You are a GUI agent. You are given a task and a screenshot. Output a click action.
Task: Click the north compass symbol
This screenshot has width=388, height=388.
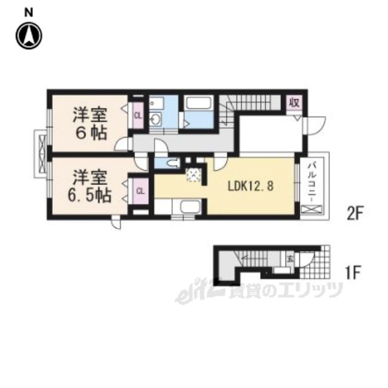pyautogui.click(x=29, y=36)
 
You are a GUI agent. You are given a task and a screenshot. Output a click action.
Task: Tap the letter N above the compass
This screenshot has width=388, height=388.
pyautogui.click(x=28, y=12)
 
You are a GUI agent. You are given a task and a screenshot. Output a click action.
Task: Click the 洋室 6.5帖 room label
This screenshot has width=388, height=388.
pyautogui.click(x=89, y=187)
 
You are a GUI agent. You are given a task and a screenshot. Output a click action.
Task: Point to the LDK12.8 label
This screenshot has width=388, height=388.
pyautogui.click(x=250, y=186)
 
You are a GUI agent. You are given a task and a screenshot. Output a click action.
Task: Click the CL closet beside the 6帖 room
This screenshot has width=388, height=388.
pyautogui.click(x=138, y=115)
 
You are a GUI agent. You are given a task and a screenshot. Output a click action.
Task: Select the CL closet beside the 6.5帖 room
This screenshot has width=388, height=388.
pyautogui.click(x=140, y=191)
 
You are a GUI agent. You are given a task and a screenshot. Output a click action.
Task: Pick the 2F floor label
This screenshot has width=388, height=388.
pyautogui.click(x=355, y=214)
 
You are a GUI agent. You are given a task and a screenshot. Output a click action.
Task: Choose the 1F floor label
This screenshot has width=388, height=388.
pyautogui.click(x=353, y=272)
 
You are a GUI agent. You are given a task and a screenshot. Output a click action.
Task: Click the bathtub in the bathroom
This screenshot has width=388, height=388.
pyautogui.click(x=199, y=102)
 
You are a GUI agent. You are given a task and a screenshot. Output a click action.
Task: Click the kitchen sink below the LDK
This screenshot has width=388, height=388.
pyautogui.click(x=189, y=207)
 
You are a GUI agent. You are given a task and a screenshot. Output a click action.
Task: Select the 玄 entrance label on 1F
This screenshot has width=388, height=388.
pyautogui.click(x=290, y=259)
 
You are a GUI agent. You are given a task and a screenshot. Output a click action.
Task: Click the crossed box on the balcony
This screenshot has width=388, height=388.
pyautogui.click(x=312, y=210)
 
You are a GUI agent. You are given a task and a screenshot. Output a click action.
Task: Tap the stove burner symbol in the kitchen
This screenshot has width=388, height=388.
pyautogui.click(x=194, y=175)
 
